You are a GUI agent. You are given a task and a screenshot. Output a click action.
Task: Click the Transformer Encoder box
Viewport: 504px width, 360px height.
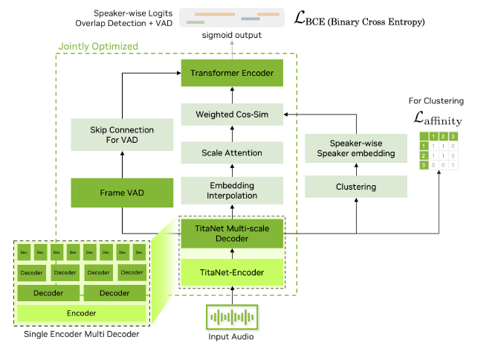(x=231, y=73)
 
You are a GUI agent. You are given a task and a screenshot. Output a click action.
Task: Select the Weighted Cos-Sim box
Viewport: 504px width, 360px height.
(x=231, y=114)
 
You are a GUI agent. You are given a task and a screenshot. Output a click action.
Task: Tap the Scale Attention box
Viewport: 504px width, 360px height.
(x=231, y=152)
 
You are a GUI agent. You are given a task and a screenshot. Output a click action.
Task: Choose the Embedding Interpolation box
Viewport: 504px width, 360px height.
(x=231, y=190)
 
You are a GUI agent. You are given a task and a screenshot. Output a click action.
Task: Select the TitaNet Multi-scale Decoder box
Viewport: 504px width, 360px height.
(x=231, y=234)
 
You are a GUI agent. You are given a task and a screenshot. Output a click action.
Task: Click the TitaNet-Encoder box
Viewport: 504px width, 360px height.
(x=231, y=273)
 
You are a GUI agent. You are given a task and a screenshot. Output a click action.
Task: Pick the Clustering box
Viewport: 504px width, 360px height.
(x=356, y=187)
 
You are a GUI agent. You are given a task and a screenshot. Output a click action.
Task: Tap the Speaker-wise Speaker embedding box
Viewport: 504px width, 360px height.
(x=356, y=149)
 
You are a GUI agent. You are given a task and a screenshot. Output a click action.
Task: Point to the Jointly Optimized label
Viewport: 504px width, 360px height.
(x=98, y=46)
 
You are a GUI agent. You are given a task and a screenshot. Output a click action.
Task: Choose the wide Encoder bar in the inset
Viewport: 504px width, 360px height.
(x=81, y=313)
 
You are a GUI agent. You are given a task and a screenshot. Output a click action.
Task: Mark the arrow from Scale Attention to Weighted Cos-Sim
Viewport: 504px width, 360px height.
(x=231, y=133)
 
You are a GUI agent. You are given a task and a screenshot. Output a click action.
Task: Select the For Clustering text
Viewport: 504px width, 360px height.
(x=436, y=100)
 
